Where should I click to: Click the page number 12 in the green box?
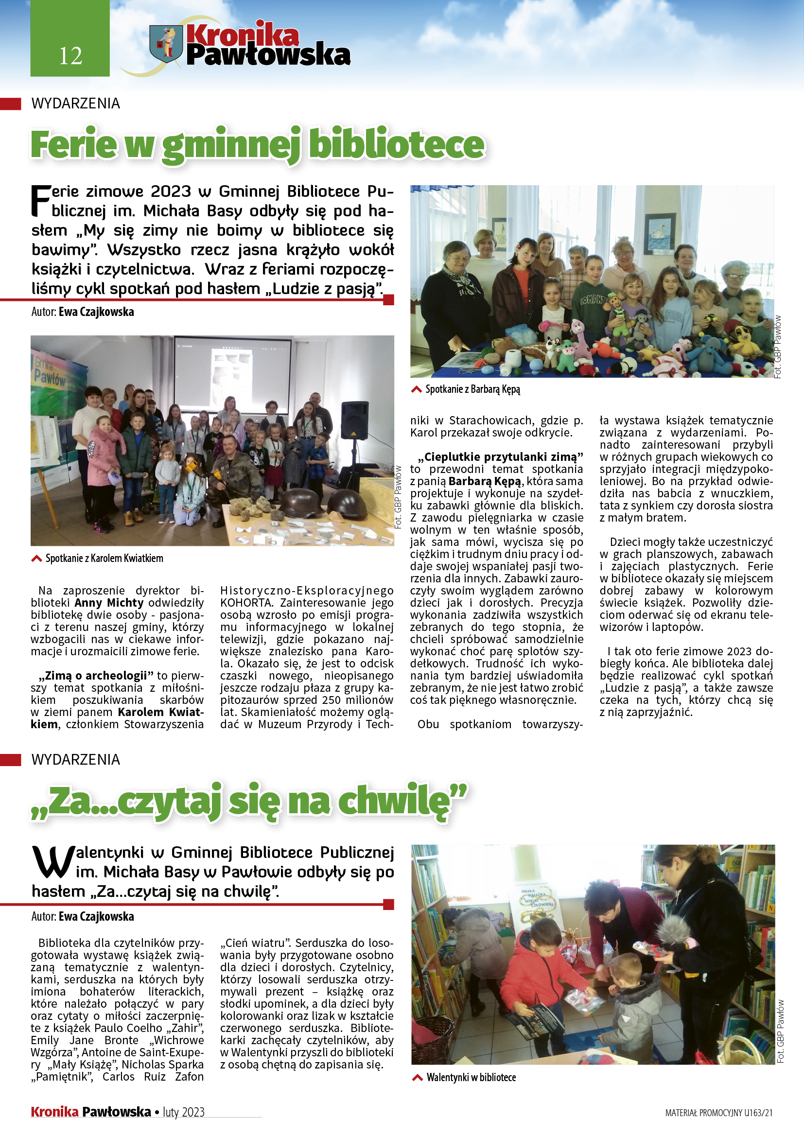click(x=70, y=55)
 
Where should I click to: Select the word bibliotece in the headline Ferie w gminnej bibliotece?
click(x=397, y=144)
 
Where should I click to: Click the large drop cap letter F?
click(x=41, y=201)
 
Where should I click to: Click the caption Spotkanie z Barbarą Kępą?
click(x=472, y=389)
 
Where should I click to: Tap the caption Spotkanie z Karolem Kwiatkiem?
click(x=104, y=558)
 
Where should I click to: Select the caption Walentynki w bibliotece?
click(x=471, y=1077)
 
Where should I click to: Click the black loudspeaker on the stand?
click(x=354, y=421)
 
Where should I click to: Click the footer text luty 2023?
click(x=184, y=1112)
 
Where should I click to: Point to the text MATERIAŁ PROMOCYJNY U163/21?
click(x=718, y=1113)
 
